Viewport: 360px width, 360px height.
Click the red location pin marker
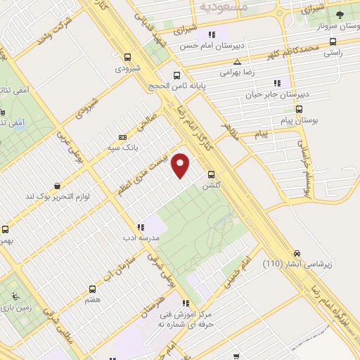[x=181, y=165]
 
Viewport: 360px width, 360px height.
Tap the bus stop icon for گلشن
[x=211, y=174]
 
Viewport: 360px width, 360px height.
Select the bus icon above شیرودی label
[x=127, y=58]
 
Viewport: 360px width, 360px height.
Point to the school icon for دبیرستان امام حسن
[x=210, y=34]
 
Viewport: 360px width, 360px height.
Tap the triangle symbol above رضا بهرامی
[x=238, y=62]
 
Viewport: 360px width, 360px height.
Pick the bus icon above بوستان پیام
[x=300, y=110]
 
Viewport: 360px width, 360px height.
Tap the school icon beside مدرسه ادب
[x=141, y=227]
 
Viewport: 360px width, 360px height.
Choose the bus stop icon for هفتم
[x=92, y=288]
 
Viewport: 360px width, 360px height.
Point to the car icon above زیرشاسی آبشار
[x=296, y=253]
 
